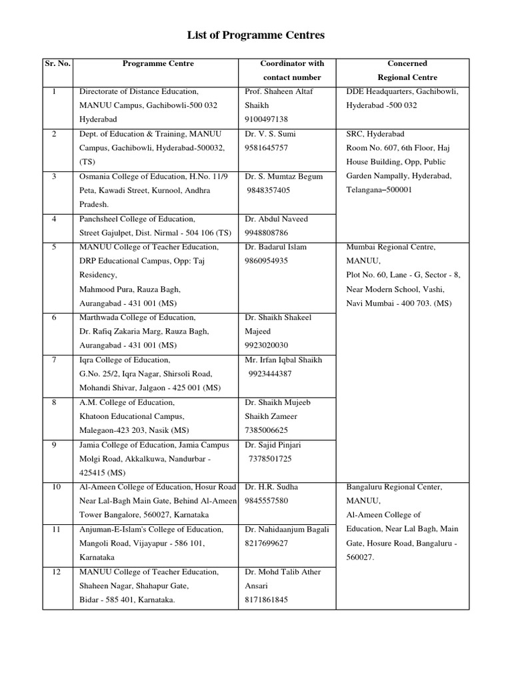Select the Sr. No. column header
click(x=57, y=64)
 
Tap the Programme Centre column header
click(x=158, y=64)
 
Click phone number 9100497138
click(x=267, y=119)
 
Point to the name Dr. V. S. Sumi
click(x=271, y=134)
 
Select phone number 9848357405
click(x=269, y=190)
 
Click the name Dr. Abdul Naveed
click(x=277, y=219)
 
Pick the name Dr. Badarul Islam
click(x=276, y=247)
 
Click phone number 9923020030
click(x=267, y=346)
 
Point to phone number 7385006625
click(x=267, y=430)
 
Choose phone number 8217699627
click(x=267, y=544)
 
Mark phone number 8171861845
click(x=267, y=600)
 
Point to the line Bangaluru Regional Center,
click(x=393, y=487)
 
